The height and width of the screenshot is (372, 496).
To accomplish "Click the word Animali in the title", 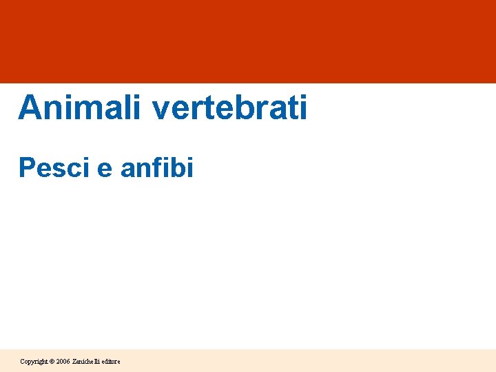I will click(77, 107).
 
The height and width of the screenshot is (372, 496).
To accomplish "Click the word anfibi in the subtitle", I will click(157, 167).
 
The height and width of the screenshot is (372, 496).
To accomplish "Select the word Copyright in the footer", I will click(33, 361).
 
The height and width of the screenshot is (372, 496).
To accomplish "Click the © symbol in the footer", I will click(51, 361).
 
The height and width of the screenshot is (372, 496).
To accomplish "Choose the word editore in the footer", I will click(111, 361).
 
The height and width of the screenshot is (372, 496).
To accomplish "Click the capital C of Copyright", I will click(23, 361).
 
